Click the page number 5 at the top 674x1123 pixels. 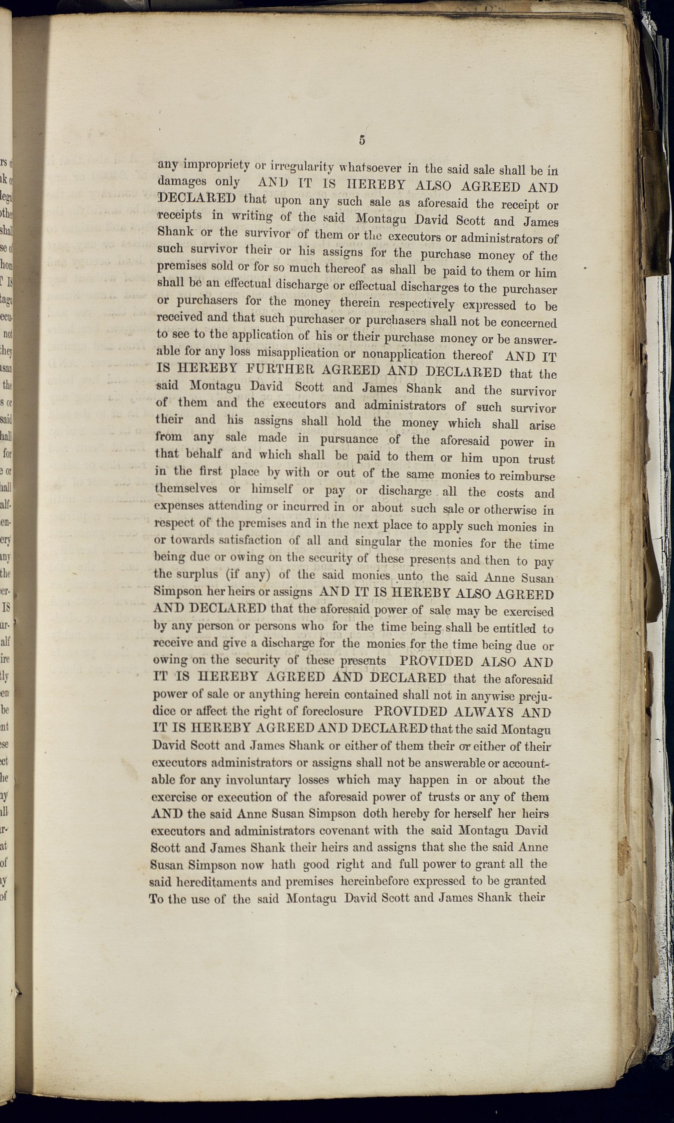click(361, 140)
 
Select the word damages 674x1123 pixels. click(182, 181)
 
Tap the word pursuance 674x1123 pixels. click(349, 439)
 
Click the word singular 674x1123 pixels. click(378, 542)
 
